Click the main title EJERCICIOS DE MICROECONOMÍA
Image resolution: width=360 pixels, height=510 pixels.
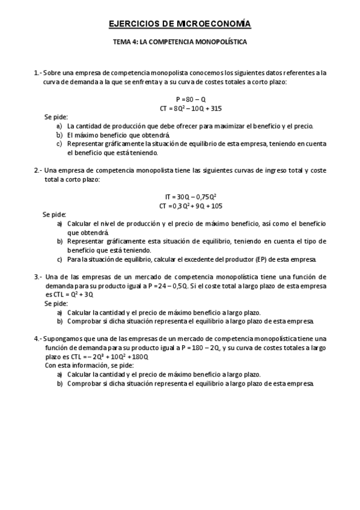180,24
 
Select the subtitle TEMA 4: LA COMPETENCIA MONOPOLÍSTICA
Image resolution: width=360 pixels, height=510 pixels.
180,43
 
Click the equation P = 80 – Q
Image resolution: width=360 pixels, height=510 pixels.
191,99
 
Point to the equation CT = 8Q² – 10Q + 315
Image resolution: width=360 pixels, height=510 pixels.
191,108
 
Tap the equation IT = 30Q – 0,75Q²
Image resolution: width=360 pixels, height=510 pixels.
191,197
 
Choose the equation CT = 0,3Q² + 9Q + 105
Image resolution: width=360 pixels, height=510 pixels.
191,206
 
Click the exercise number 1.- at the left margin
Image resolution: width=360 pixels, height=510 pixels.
38,73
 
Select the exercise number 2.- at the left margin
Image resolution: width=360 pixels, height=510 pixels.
38,170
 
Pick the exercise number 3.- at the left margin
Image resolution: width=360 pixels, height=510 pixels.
38,277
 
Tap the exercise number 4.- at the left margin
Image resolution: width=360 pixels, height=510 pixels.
38,339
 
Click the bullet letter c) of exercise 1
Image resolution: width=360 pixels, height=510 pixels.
59,144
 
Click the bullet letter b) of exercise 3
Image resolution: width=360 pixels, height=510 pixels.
59,321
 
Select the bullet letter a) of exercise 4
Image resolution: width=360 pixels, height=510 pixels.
59,374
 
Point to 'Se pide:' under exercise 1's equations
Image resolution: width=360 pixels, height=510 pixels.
56,117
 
